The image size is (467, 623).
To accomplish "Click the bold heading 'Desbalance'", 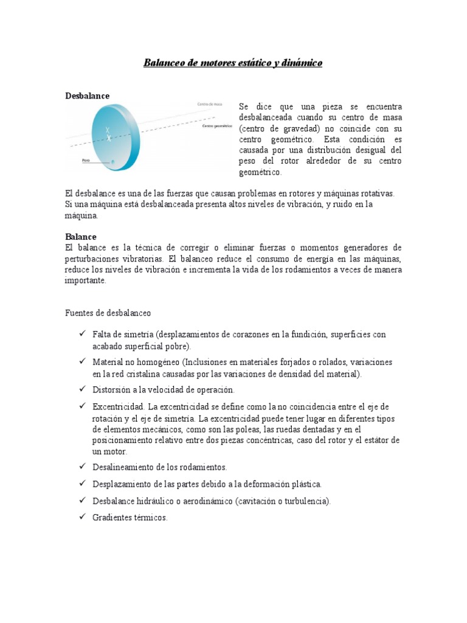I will pos(87,96).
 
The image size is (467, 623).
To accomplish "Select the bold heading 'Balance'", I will pos(81,236).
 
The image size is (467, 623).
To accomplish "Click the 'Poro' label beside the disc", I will pos(86,161).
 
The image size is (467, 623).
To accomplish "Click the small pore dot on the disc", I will pos(112,161).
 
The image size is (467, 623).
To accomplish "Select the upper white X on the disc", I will pos(108,130).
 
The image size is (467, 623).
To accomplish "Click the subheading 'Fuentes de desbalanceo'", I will pos(108,313).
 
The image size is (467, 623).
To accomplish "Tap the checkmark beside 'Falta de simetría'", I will pos(82,335).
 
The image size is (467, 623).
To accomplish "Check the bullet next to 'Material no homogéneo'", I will pos(82,362).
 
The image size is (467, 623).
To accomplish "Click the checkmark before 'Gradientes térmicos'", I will pos(82,517).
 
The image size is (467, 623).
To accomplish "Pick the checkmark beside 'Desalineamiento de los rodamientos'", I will pos(82,467).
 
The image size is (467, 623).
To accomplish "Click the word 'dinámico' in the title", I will pos(302,63).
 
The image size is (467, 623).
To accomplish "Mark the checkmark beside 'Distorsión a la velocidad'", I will pos(82,389).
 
